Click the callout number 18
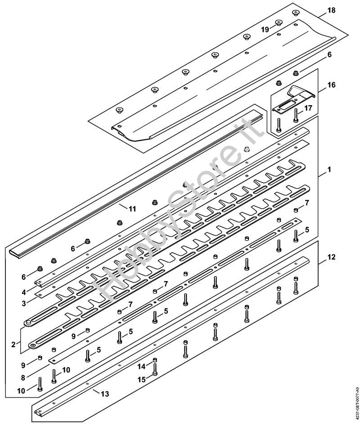[331, 10]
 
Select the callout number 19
[265, 30]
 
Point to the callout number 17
[308, 108]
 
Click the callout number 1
[329, 170]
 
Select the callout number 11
[132, 209]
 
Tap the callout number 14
[141, 367]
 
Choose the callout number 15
[141, 379]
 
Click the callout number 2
[13, 344]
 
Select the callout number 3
[23, 303]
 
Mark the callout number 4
[23, 292]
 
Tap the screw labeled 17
[295, 115]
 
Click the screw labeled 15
[154, 370]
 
